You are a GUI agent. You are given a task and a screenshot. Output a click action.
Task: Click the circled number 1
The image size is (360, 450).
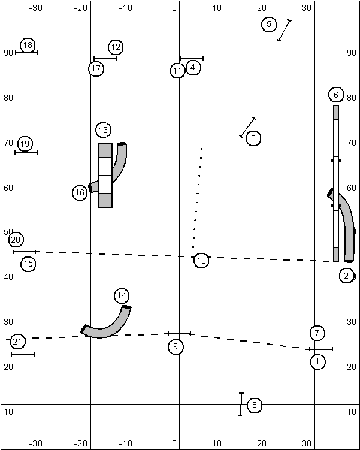pos(317,361)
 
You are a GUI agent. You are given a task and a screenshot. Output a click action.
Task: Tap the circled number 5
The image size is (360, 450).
pos(269,25)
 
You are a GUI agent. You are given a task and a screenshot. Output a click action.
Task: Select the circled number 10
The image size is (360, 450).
pos(201,261)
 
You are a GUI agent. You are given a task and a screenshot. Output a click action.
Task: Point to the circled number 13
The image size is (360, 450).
pos(104,130)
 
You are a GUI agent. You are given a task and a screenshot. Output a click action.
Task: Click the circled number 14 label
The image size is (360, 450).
pos(122,295)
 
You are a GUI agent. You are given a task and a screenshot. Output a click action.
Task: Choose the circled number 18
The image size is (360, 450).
pos(28,45)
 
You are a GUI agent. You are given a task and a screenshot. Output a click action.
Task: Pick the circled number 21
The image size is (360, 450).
pos(18,342)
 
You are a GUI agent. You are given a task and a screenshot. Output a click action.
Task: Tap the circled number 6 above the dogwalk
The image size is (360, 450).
pos(335,95)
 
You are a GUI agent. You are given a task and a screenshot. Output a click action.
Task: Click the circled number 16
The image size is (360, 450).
pos(80,192)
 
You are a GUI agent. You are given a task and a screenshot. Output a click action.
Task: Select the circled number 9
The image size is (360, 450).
pos(176,346)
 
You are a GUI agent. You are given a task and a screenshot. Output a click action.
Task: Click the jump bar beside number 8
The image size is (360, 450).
pos(241,404)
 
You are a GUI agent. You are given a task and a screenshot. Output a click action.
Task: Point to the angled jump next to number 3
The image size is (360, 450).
pos(248,127)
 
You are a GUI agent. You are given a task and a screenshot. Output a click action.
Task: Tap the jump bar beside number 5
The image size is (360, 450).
pos(284,30)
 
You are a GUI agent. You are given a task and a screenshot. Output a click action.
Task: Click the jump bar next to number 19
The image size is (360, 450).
pos(26,153)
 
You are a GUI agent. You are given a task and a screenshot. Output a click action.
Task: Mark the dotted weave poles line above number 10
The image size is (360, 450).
pos(197,198)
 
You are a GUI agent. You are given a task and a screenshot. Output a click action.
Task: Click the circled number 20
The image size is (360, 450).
pos(16,240)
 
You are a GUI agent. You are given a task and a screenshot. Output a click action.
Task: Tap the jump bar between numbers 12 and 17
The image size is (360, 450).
pos(105,58)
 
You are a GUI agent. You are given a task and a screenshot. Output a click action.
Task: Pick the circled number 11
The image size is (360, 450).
pos(177,71)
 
